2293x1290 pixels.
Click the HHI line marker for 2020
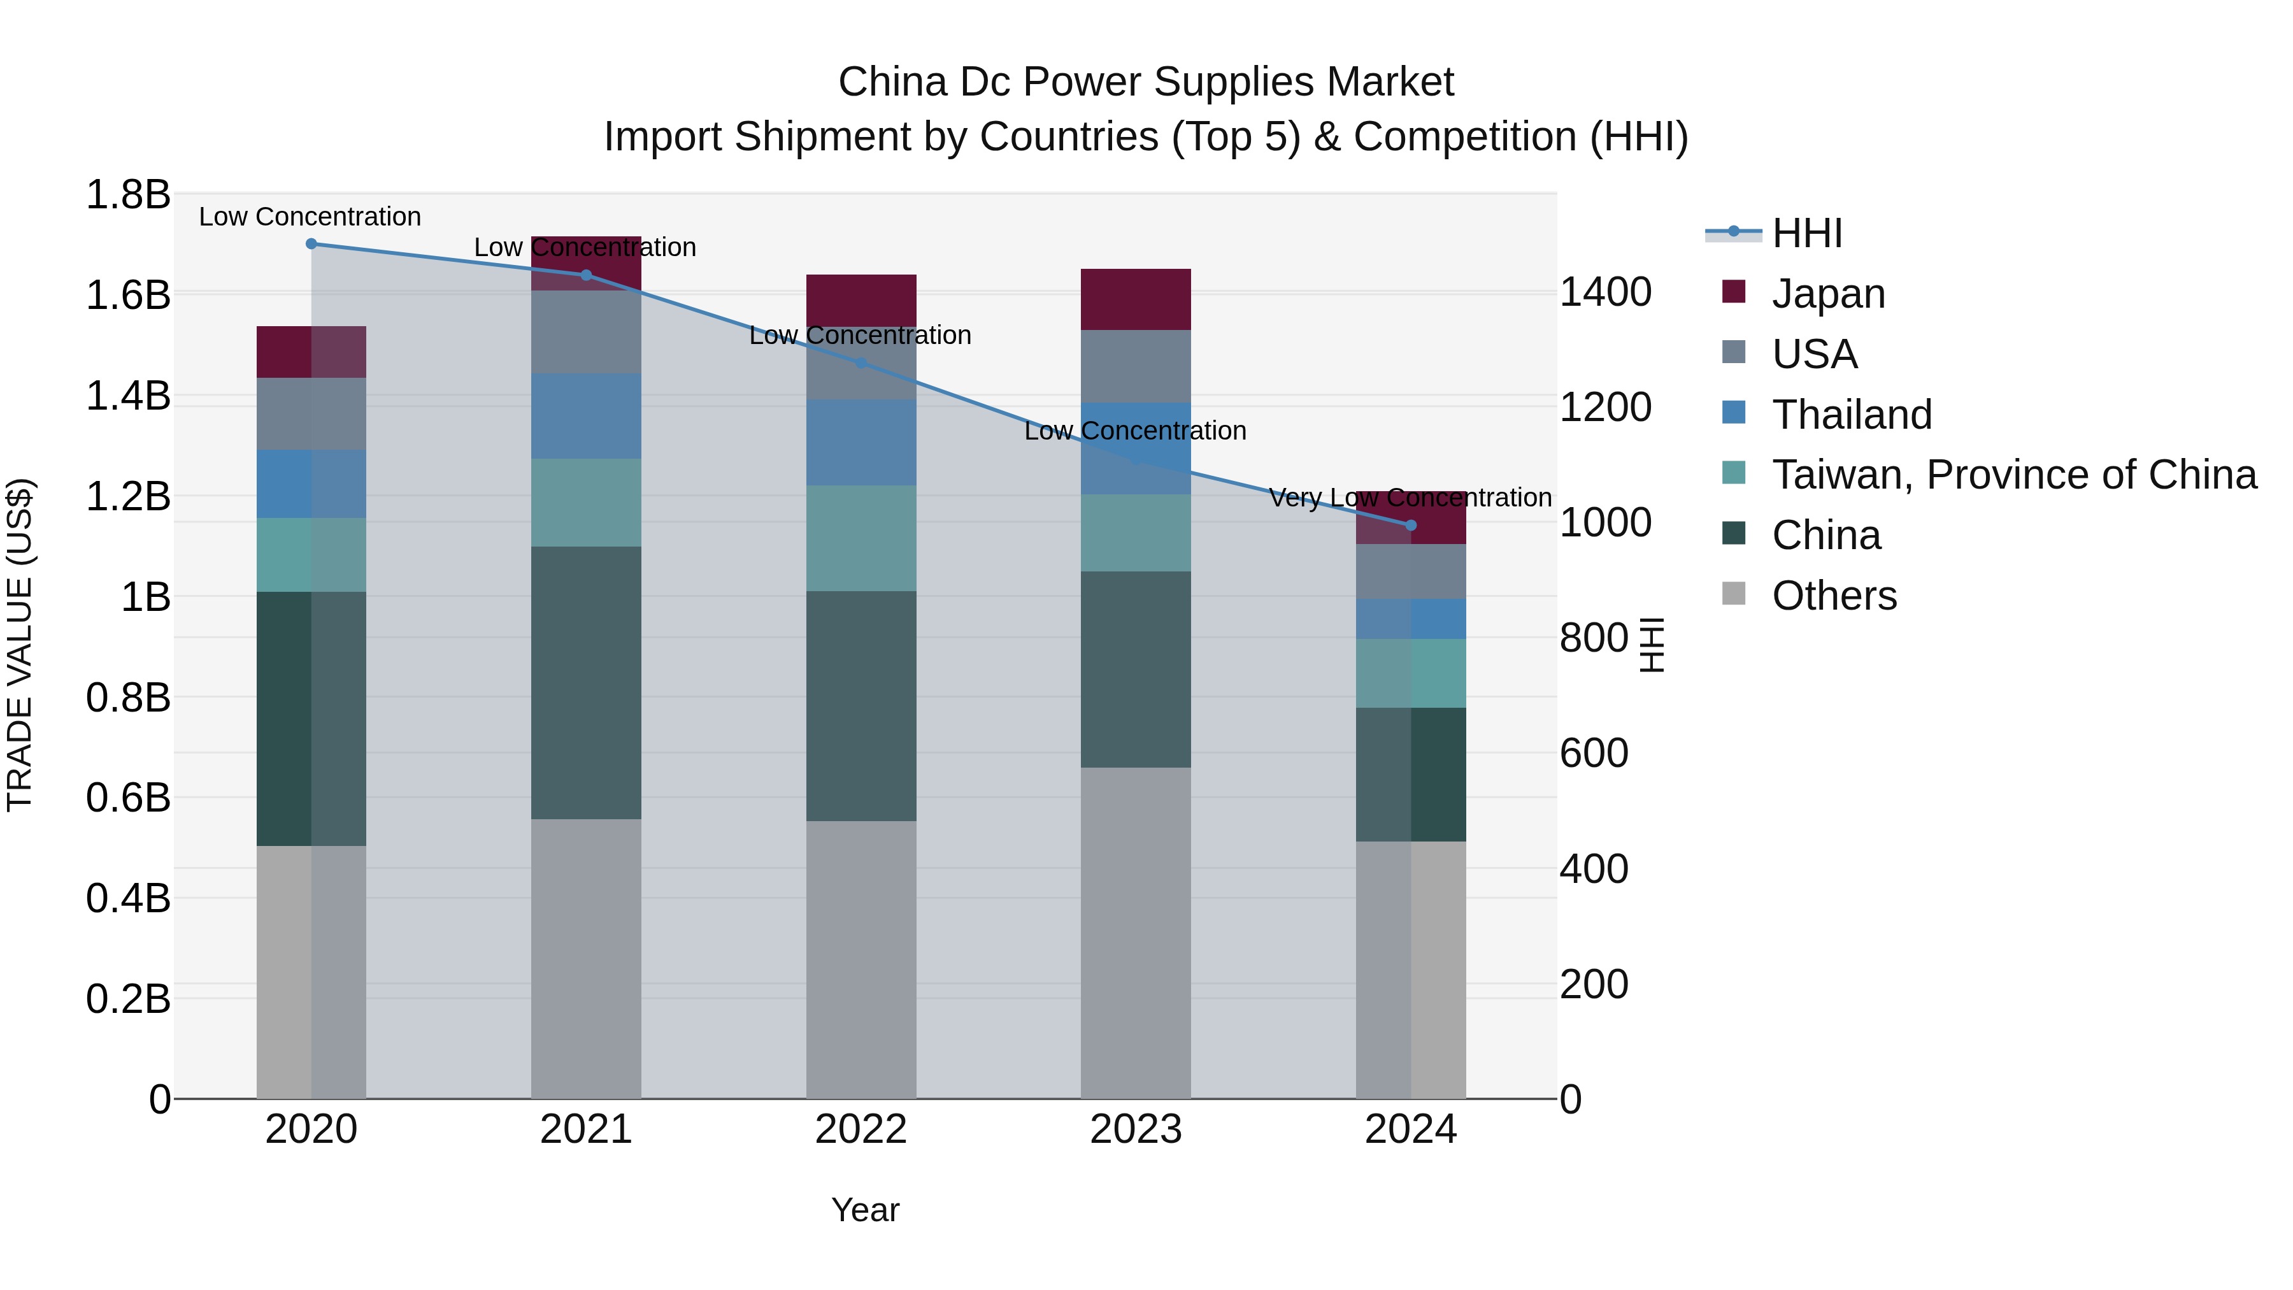click(x=311, y=243)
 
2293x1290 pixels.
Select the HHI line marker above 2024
click(x=1410, y=526)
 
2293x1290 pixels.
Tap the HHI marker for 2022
click(x=861, y=363)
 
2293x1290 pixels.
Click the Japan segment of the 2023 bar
click(x=1135, y=299)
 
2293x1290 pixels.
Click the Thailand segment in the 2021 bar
click(x=586, y=416)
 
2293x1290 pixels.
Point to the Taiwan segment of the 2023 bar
click(x=1135, y=533)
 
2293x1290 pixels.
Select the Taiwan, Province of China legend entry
click(x=2013, y=475)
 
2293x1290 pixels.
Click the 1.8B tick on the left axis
click(x=128, y=194)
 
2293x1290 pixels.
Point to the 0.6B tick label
click(x=128, y=797)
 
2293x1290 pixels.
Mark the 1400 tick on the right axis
click(x=1605, y=292)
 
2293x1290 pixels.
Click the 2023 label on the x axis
click(x=1135, y=1129)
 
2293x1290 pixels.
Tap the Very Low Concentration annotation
click(x=1410, y=498)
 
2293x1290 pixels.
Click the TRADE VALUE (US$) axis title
click(x=20, y=645)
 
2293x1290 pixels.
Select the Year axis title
click(x=865, y=1210)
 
